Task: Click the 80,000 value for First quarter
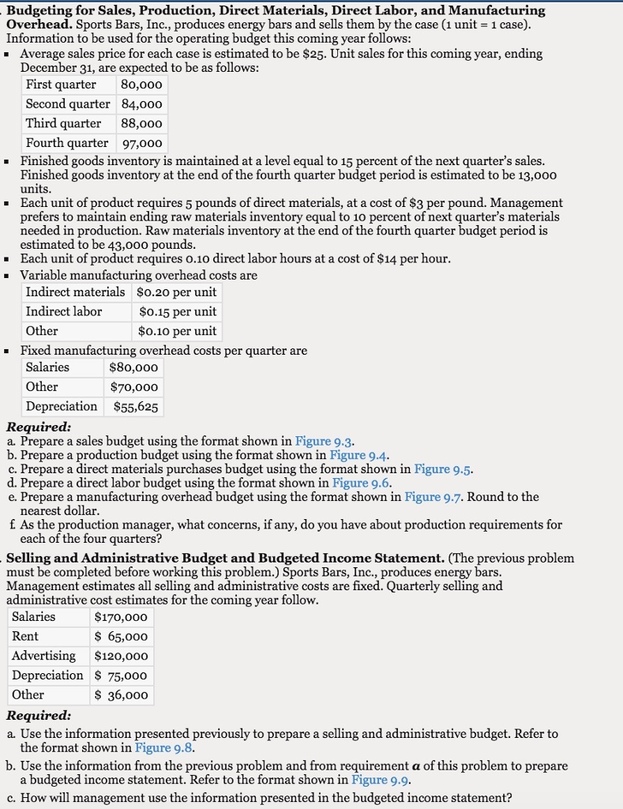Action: coord(141,85)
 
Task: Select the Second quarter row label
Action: coord(68,104)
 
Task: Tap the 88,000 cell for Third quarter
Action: coord(141,123)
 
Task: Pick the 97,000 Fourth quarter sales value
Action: coord(141,143)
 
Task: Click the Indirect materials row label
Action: coord(75,292)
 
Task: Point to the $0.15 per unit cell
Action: coord(177,311)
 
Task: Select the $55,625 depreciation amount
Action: coord(136,407)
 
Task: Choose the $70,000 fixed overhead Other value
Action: coord(136,387)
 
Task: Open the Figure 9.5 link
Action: coord(443,469)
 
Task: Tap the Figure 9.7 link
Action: coord(433,497)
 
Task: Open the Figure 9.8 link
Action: coord(164,747)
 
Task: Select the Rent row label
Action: coord(25,636)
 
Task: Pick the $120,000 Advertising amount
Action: coord(121,656)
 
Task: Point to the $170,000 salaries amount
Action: coord(121,617)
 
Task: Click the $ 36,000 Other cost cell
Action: coord(121,694)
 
